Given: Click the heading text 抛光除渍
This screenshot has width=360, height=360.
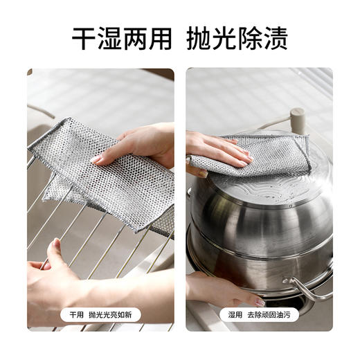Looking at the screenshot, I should click(237, 38).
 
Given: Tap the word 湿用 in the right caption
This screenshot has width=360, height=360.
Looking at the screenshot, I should click(235, 314).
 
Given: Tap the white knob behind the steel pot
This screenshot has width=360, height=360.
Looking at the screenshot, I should click(297, 118).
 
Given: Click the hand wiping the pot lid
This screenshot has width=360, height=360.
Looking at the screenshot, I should click(215, 149).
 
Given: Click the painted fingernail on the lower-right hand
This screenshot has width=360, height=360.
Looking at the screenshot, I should click(259, 303).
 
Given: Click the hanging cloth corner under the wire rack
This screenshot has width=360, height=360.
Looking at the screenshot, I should click(55, 191).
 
